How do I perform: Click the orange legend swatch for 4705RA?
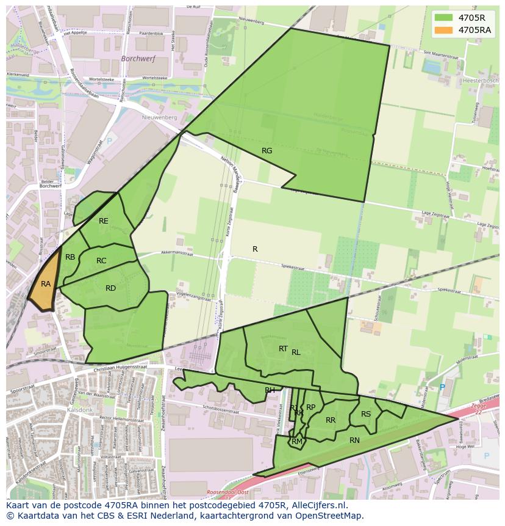tap(444, 30)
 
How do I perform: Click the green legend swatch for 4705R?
tap(444, 18)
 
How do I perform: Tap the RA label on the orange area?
tap(46, 284)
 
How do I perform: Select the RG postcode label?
tap(267, 151)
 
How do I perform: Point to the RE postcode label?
tap(104, 221)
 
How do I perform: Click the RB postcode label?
tap(70, 257)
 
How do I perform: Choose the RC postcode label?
tap(101, 261)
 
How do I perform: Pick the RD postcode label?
tap(110, 288)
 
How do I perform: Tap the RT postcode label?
tap(283, 349)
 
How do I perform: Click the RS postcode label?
tap(366, 414)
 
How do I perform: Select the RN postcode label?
tap(354, 440)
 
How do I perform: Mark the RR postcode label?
tap(331, 420)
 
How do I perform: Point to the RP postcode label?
tap(310, 407)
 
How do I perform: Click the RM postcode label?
tap(297, 442)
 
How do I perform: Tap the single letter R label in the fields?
tap(255, 249)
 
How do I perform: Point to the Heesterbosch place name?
tap(482, 81)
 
